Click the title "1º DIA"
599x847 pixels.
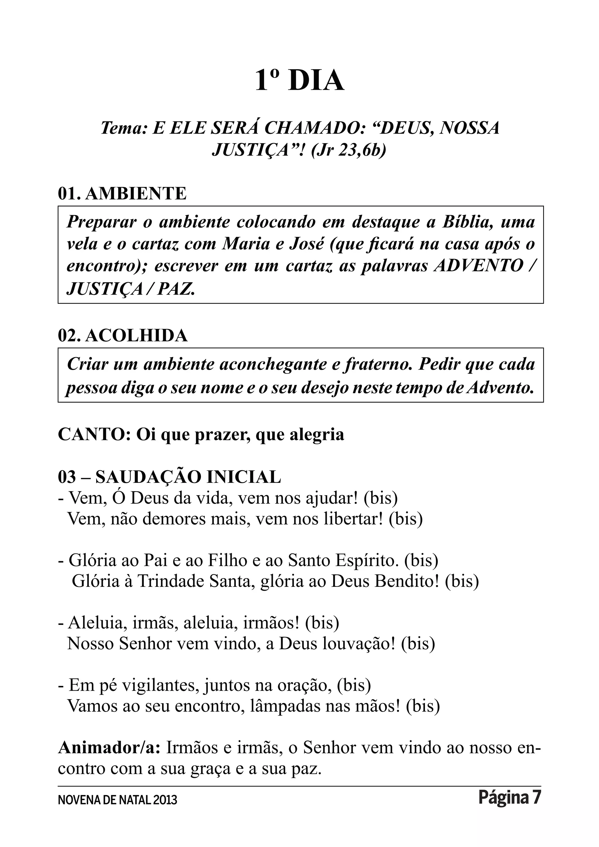click(299, 80)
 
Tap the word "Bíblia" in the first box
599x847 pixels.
click(468, 222)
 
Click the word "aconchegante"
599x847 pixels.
click(273, 364)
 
